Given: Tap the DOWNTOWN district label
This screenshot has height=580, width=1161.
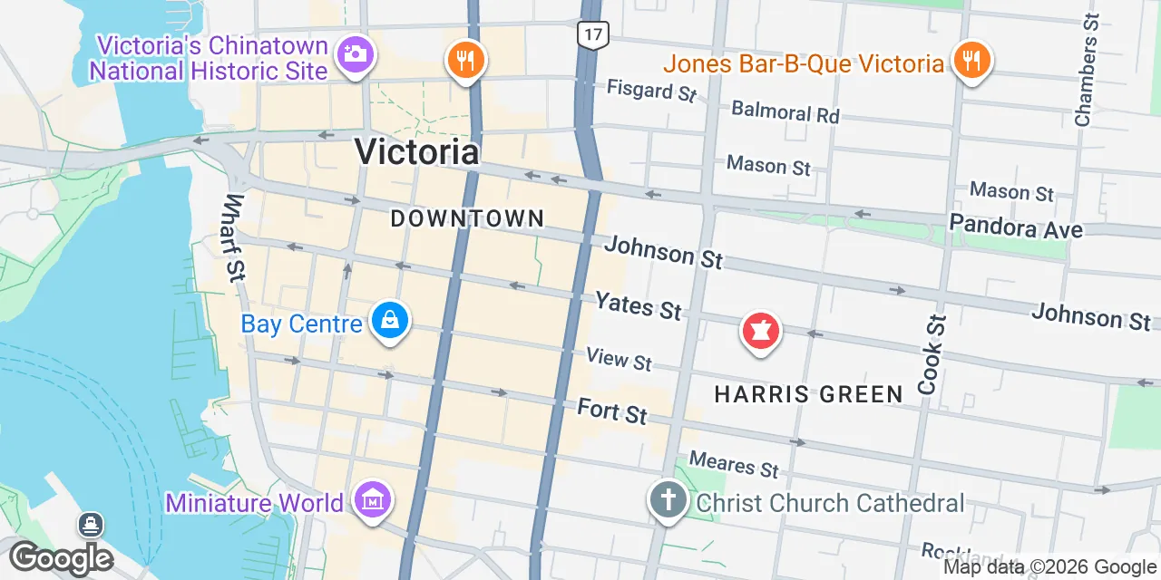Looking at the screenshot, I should click(467, 218).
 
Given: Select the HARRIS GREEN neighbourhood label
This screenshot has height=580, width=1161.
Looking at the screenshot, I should click(808, 394).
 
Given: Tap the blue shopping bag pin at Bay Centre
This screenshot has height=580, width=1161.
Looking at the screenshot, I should click(389, 321).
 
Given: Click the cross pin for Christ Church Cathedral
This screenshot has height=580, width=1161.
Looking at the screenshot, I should click(668, 499).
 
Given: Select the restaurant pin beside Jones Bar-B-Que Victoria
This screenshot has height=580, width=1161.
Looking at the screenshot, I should click(971, 62).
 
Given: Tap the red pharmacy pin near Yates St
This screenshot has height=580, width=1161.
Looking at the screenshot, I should click(761, 331).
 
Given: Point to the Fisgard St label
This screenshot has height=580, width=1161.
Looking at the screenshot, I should click(651, 90).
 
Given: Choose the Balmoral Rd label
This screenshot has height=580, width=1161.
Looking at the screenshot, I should click(785, 112).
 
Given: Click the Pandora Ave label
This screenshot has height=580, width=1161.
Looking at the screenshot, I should click(1015, 227).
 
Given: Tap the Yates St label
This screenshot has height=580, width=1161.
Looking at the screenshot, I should click(637, 305).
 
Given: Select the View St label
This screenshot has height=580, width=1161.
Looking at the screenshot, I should click(619, 359).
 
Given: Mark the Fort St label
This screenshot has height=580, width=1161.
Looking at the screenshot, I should click(612, 411).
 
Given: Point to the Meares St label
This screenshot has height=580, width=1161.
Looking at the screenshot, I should click(734, 465).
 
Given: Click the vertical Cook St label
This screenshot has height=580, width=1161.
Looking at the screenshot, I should click(932, 353).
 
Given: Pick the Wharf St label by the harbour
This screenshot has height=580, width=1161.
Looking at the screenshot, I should click(234, 237).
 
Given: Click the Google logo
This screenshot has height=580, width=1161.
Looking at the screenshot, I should click(61, 558).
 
